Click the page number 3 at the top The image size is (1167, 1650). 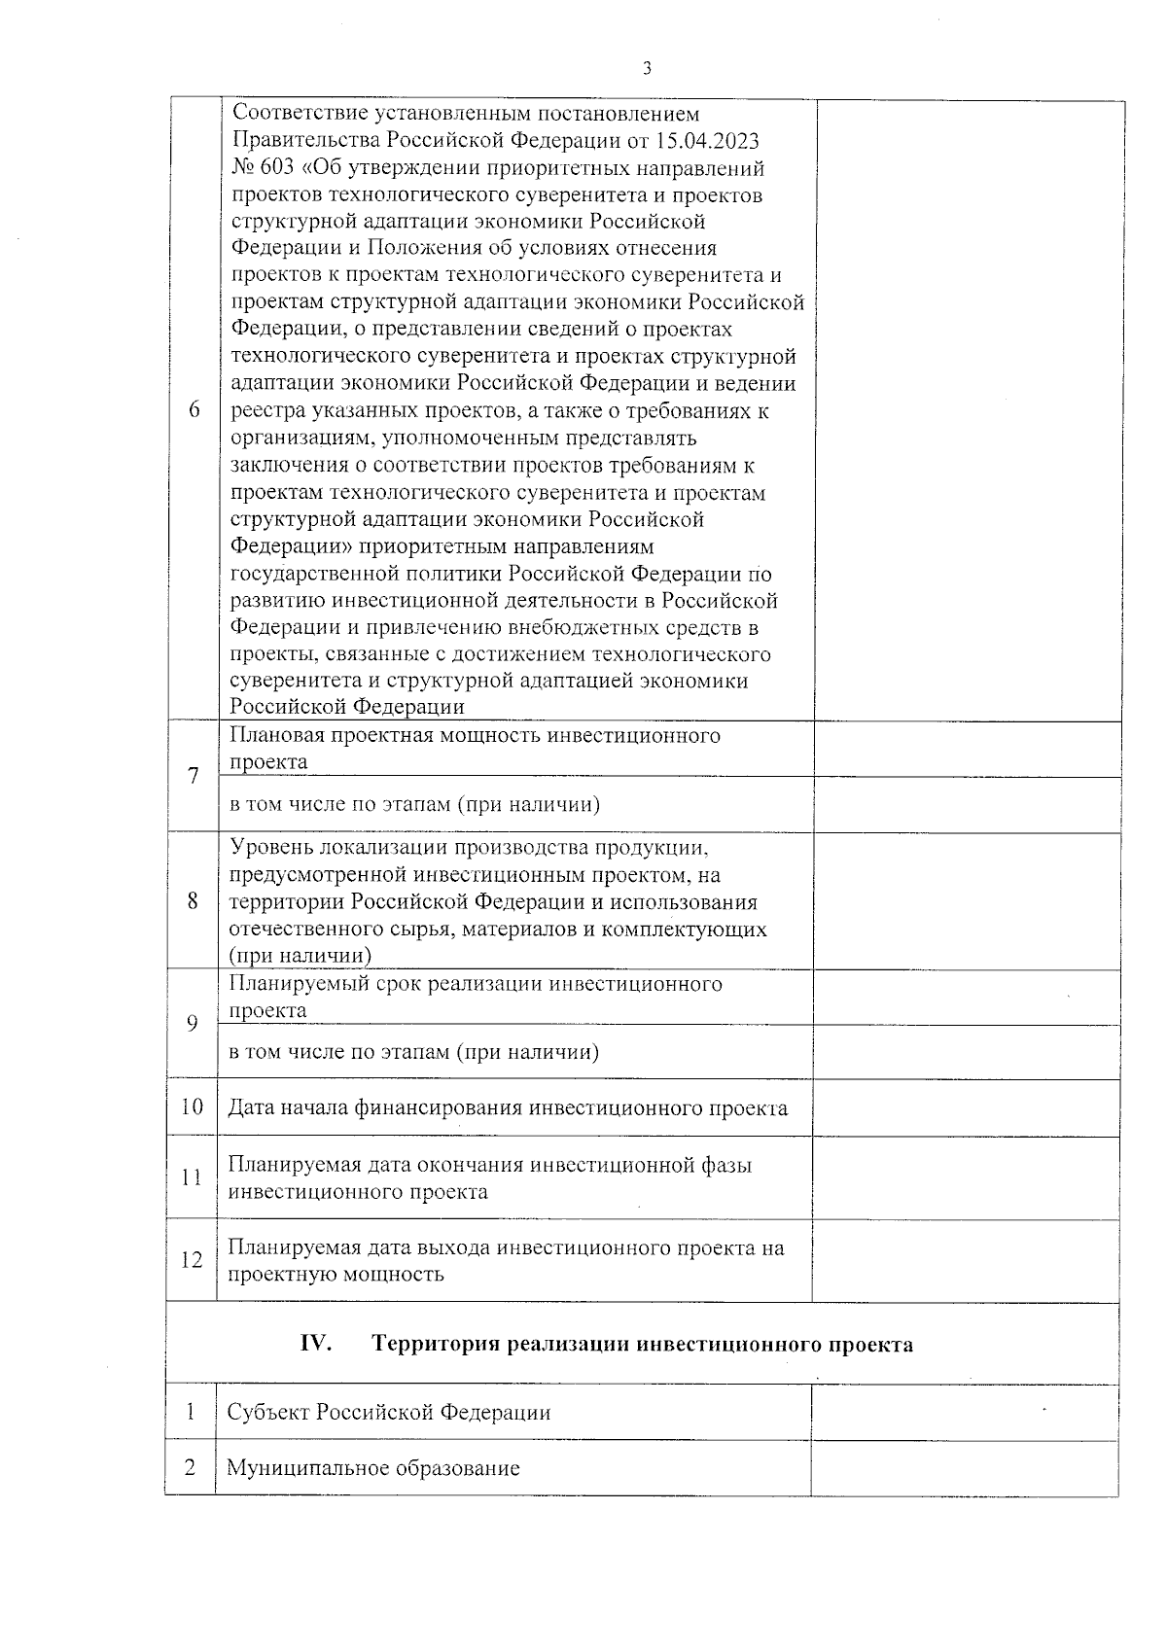click(x=647, y=68)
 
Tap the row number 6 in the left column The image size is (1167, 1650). click(x=194, y=410)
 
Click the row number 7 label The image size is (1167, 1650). click(x=194, y=776)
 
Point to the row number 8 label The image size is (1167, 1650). click(x=193, y=900)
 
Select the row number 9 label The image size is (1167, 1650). click(x=193, y=1023)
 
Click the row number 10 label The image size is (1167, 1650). click(x=192, y=1106)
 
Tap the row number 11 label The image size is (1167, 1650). click(x=192, y=1177)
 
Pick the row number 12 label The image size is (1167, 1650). click(x=192, y=1260)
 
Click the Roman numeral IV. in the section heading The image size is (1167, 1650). click(x=315, y=1344)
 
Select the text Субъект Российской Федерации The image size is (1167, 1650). click(x=388, y=1412)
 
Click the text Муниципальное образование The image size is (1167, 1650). click(x=373, y=1468)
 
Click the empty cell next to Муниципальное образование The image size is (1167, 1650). click(x=964, y=1468)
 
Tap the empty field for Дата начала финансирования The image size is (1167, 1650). click(x=965, y=1107)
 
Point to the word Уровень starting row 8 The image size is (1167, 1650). click(x=268, y=848)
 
